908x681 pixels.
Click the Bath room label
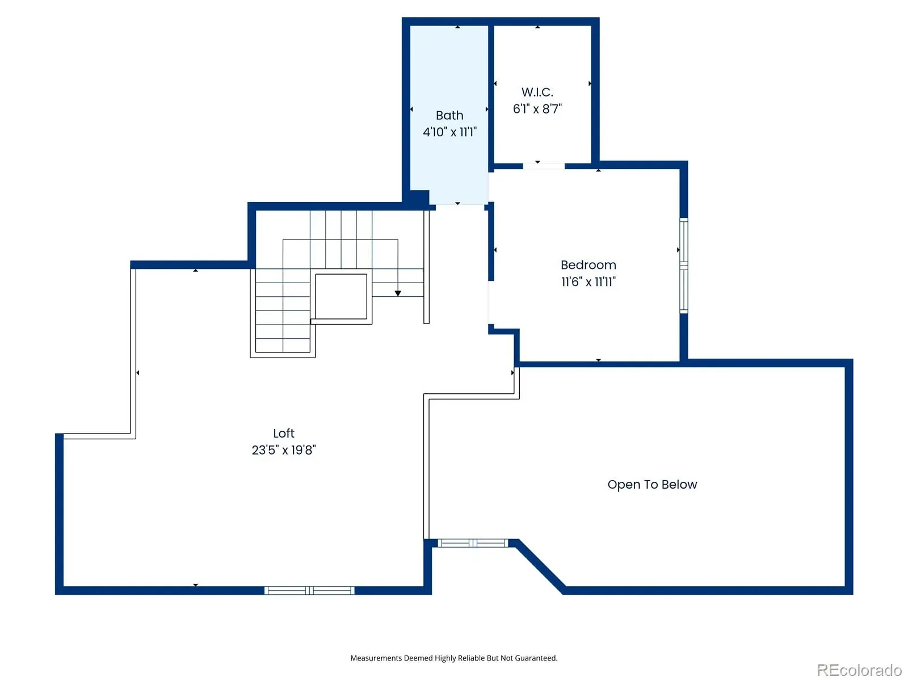(449, 115)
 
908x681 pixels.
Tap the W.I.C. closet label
(537, 92)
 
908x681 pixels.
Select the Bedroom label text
(588, 264)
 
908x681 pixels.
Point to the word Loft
(283, 433)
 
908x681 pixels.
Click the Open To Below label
(652, 485)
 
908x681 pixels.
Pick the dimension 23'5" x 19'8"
(283, 450)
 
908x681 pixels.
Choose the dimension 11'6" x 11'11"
(588, 281)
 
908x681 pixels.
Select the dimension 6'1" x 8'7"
(537, 109)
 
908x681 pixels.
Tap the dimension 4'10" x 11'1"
(449, 132)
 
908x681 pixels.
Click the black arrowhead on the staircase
(398, 293)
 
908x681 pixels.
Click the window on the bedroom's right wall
(683, 266)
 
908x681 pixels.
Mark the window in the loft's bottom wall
(309, 590)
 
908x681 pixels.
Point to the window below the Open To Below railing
(472, 543)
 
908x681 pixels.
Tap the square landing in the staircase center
(340, 296)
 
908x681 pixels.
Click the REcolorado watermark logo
(859, 670)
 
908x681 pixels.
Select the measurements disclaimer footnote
(453, 658)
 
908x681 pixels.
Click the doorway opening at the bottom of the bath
(459, 205)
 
